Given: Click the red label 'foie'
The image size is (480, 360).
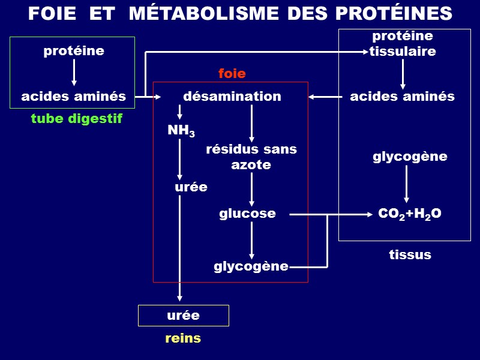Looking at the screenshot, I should click(x=232, y=74).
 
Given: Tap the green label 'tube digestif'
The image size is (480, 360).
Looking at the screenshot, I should click(x=76, y=119).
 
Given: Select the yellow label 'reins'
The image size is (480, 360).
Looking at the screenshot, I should click(x=183, y=338).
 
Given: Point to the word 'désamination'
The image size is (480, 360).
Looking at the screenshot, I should click(x=232, y=96).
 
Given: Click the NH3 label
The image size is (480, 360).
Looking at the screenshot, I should click(x=181, y=131).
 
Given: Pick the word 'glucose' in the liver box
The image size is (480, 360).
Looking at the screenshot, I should click(x=247, y=213).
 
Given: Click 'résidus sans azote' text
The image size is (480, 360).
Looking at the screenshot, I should click(x=251, y=157).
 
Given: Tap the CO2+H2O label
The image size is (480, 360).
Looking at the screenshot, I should click(x=410, y=214).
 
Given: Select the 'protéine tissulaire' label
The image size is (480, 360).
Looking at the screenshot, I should click(x=402, y=44).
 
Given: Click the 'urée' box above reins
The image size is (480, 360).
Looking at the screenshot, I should click(x=183, y=315).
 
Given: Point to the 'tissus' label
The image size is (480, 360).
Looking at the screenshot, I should click(x=410, y=254).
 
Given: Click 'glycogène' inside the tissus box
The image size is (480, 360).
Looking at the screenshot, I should click(x=410, y=157).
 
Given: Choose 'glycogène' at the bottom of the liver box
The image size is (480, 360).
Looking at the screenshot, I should click(x=251, y=266).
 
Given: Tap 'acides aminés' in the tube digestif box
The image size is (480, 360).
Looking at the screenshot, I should click(x=73, y=96).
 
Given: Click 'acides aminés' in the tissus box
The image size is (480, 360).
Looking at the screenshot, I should click(x=402, y=96).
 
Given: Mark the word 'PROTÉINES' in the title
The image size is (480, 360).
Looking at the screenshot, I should click(x=393, y=13).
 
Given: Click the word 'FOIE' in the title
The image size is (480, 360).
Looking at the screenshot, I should click(x=52, y=13).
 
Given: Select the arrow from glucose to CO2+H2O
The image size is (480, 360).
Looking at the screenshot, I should click(x=330, y=214).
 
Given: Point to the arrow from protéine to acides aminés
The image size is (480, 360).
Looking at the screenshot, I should click(x=74, y=73).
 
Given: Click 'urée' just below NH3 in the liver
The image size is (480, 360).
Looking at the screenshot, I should click(x=191, y=187).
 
